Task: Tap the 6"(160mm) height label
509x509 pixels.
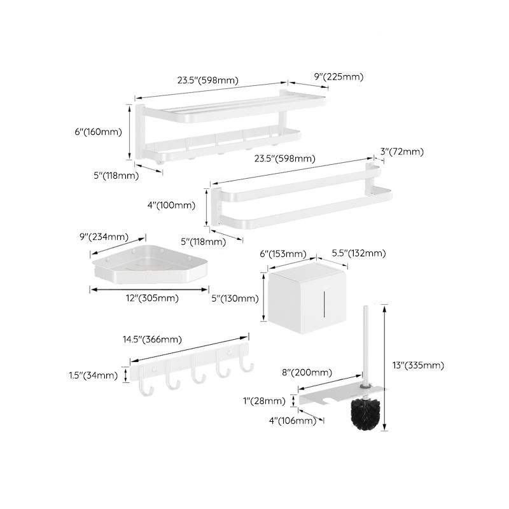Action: (x=98, y=132)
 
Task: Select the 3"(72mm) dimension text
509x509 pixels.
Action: (x=405, y=151)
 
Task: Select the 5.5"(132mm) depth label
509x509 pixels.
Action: (x=358, y=253)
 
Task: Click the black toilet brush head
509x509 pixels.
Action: (x=366, y=413)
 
